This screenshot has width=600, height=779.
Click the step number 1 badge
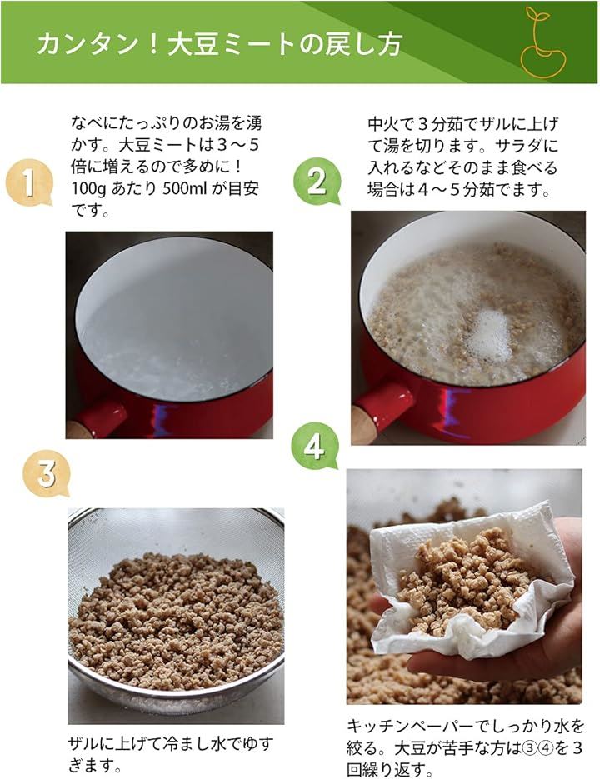29,182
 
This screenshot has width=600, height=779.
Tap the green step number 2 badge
317,182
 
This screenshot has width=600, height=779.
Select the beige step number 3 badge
46,474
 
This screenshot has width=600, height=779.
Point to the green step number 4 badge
315,446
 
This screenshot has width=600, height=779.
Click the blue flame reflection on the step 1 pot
163,420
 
